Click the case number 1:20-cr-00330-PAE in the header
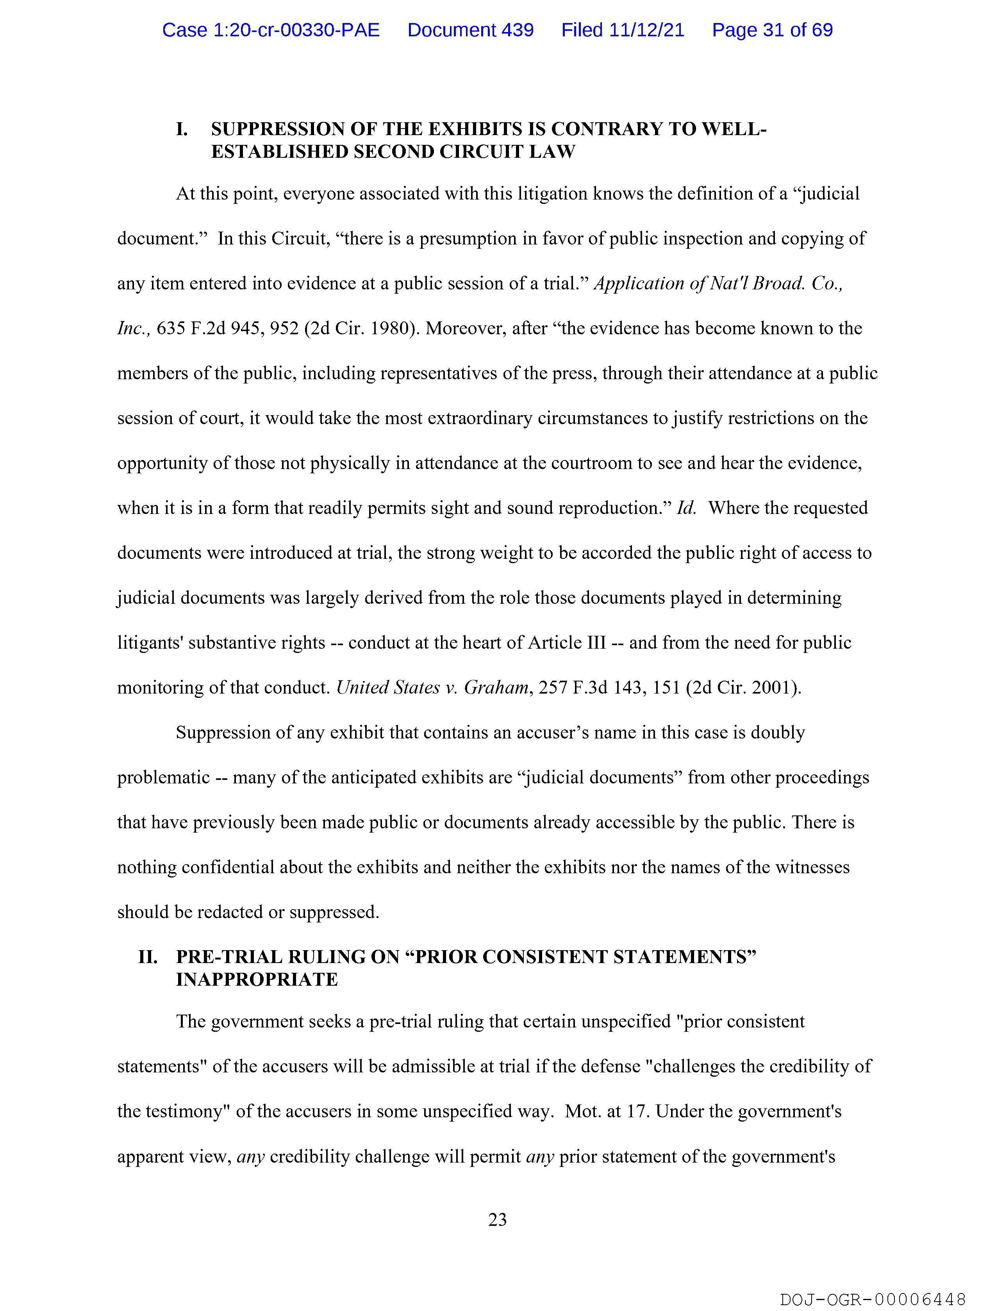tap(271, 30)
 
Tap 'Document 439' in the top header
tap(470, 30)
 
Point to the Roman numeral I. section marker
tap(182, 129)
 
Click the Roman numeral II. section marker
tap(148, 956)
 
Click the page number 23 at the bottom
tap(497, 1220)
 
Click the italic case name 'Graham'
tap(496, 687)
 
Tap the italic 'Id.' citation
tap(686, 508)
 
